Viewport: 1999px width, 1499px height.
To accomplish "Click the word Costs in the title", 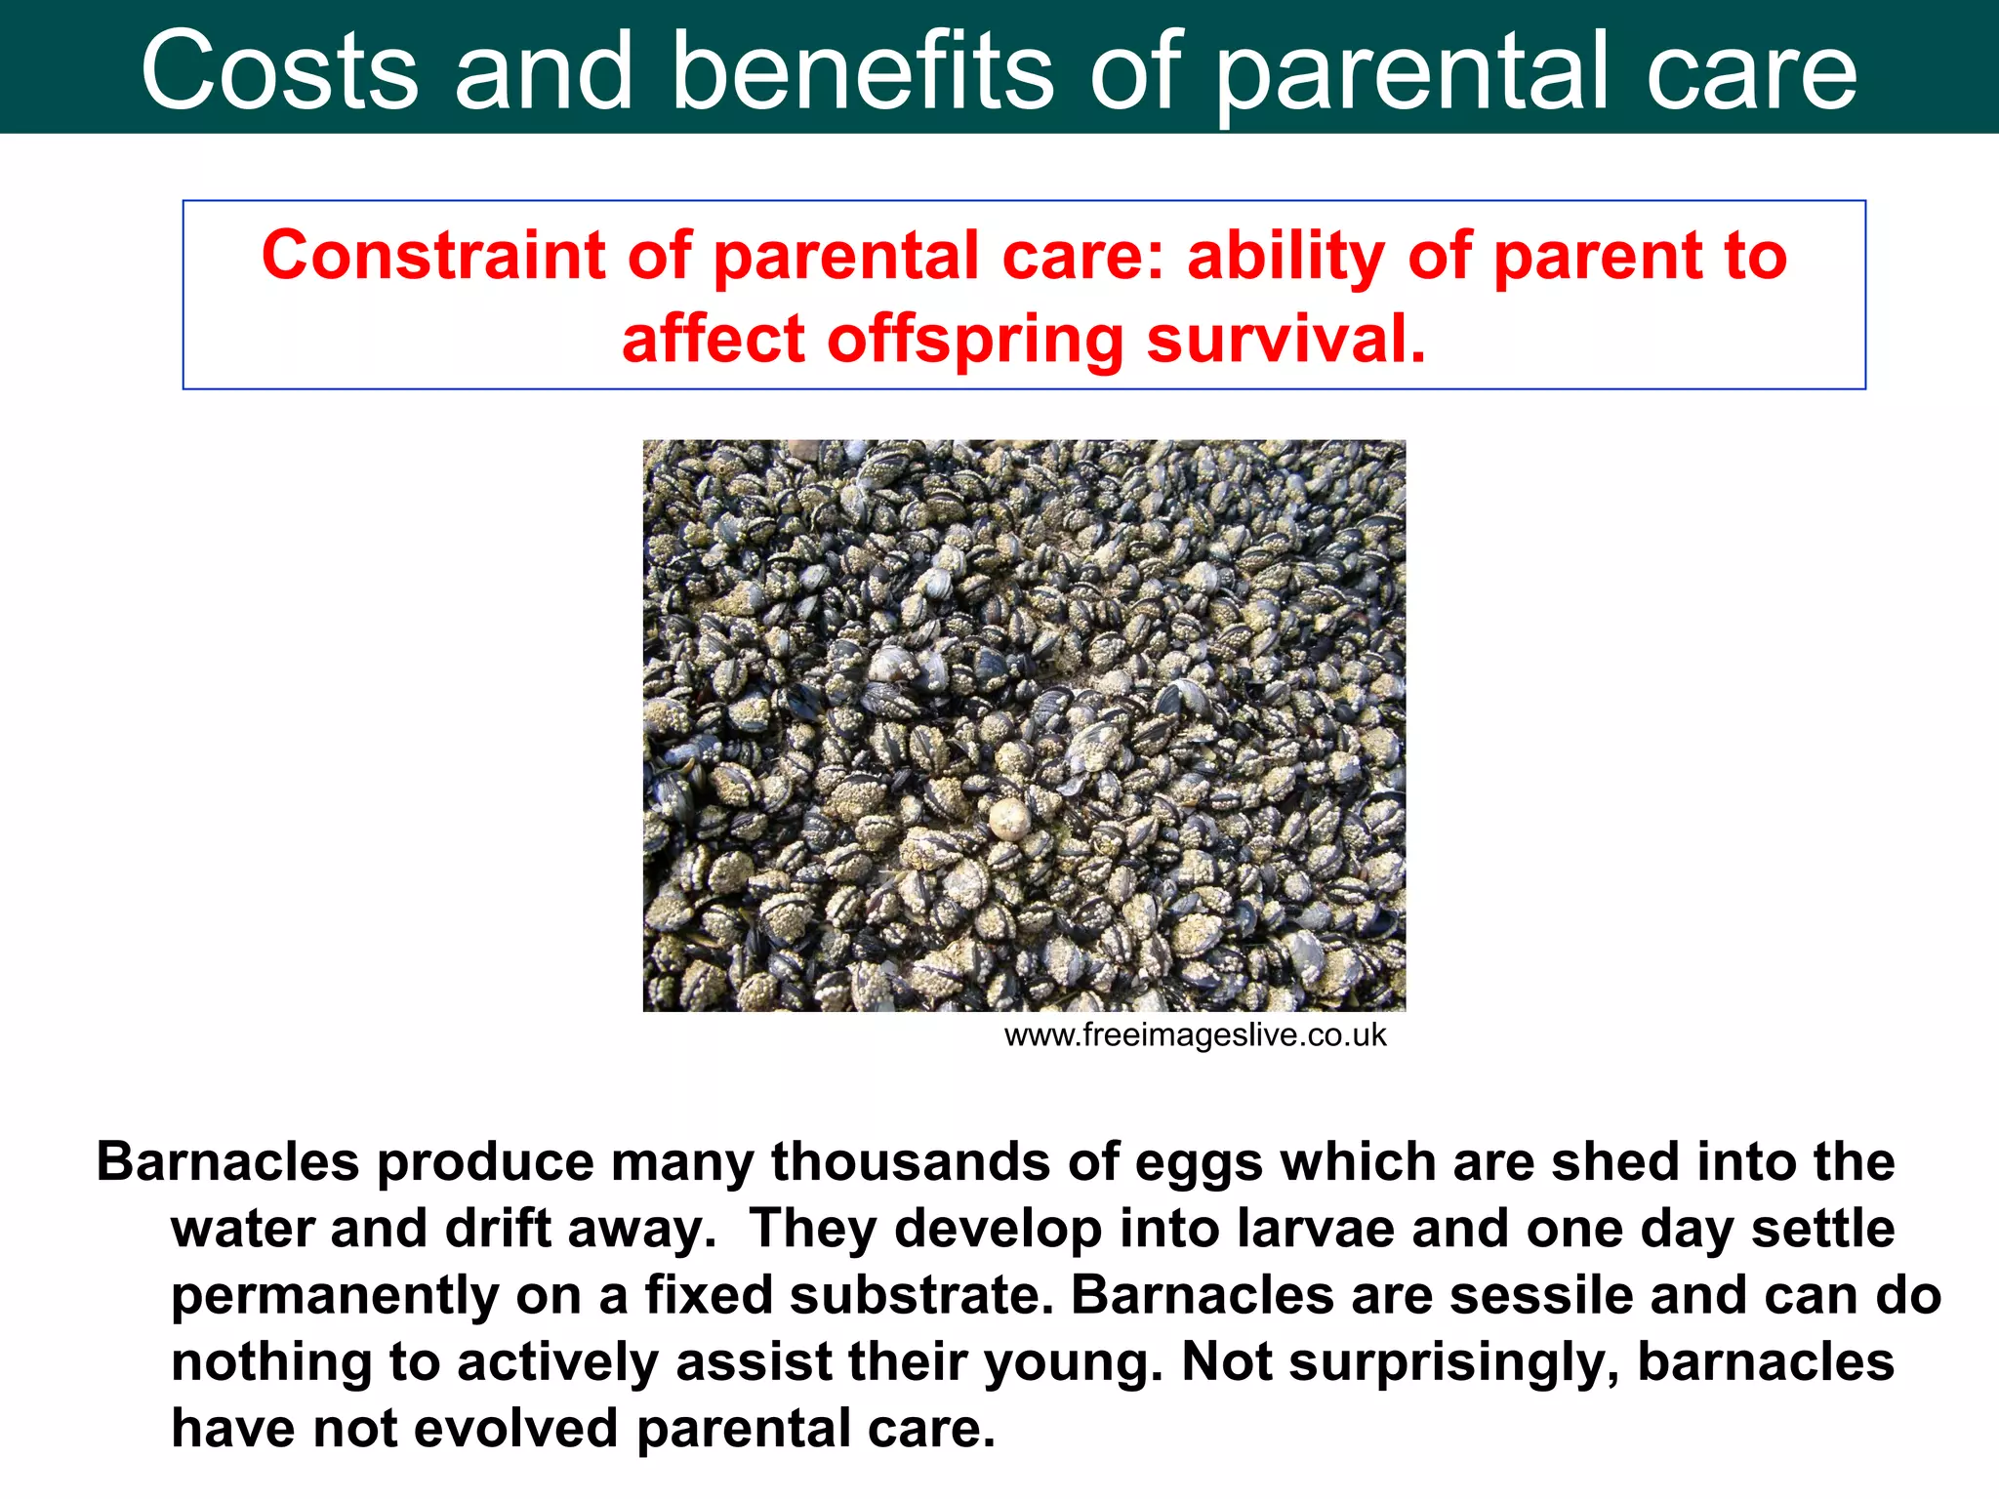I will coord(279,70).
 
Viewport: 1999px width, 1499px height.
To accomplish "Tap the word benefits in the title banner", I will coord(863,70).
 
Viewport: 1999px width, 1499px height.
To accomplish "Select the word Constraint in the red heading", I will coord(433,256).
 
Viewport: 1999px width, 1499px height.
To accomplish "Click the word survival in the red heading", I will coord(1285,339).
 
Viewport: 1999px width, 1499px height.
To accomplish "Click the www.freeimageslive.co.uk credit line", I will coord(1194,1035).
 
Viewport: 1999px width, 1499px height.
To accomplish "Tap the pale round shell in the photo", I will coord(1009,818).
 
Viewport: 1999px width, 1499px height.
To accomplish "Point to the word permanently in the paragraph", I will coord(335,1297).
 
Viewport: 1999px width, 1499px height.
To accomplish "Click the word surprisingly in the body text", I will coord(1451,1363).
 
